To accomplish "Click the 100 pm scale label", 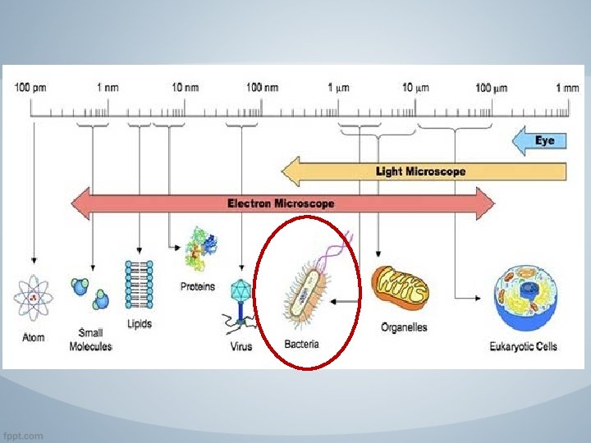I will (31, 88).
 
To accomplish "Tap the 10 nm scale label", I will (185, 88).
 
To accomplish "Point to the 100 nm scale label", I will (262, 88).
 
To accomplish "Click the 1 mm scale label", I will (566, 88).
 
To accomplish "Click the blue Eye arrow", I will (539, 141).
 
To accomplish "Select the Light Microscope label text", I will (420, 171).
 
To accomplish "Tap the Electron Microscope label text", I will (281, 203).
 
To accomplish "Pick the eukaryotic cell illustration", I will (524, 299).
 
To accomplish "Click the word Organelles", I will (404, 327).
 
